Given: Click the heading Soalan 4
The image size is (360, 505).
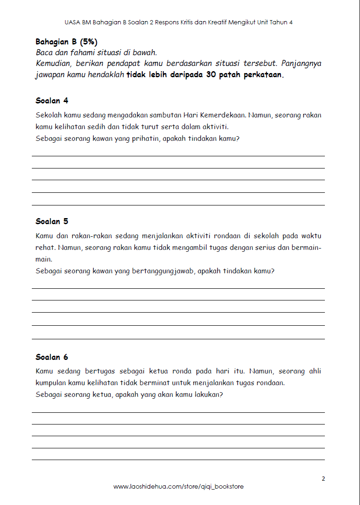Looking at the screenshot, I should point(52,101).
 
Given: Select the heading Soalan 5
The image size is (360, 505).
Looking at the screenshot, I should point(52,221).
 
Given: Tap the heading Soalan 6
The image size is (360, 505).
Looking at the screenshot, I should point(52,357).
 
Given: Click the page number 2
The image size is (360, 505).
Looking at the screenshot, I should point(323,478).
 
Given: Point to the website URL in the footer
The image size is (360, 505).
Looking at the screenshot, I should point(178,487).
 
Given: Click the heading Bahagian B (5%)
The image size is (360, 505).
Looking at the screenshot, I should point(66,42).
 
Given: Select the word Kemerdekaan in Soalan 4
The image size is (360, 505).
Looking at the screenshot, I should point(223,115).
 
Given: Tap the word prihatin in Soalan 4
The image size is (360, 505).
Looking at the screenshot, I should point(146,139).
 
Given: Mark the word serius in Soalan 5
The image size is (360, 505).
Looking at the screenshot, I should point(265,248).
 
